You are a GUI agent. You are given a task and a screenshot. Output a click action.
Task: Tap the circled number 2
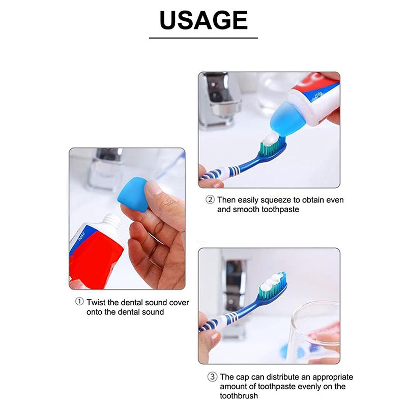click(210, 200)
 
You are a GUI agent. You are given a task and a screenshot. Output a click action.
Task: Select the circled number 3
click(210, 377)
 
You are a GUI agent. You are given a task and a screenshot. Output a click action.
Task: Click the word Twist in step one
click(96, 302)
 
